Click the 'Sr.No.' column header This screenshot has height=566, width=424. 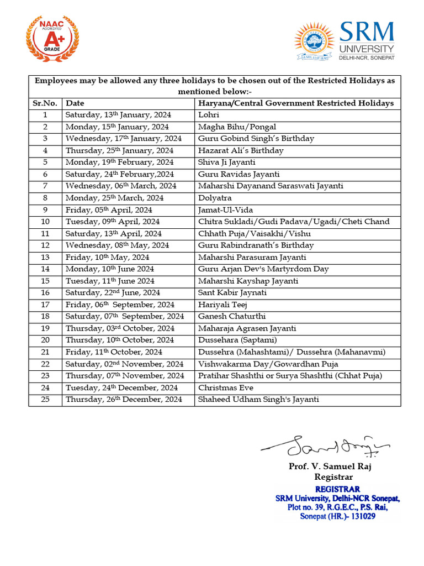tap(45, 103)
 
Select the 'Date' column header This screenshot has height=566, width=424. tap(75, 103)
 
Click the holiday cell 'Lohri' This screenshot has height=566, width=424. tap(208, 115)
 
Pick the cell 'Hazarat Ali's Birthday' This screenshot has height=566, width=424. tap(241, 150)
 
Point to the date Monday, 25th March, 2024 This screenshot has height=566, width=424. tap(114, 198)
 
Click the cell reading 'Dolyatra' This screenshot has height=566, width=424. tap(215, 198)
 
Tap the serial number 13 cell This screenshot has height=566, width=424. tap(45, 257)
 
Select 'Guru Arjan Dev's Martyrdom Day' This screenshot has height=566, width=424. tap(263, 269)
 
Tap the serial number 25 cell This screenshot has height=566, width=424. tap(45, 400)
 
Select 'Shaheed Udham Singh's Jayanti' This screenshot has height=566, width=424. tap(258, 400)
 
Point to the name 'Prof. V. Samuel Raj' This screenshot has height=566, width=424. tap(330, 467)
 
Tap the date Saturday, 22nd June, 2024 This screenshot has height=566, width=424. tap(113, 293)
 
